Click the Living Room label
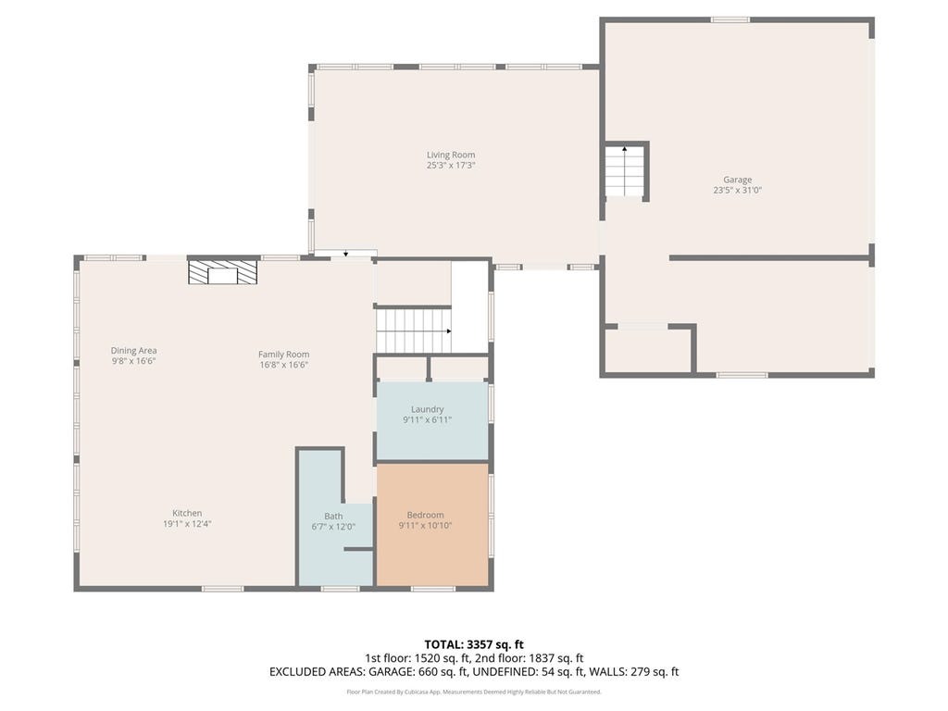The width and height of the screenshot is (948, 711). [x=451, y=155]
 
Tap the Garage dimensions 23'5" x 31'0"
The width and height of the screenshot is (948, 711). [x=737, y=190]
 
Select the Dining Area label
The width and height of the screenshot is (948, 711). [x=133, y=351]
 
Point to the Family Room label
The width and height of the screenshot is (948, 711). [x=283, y=355]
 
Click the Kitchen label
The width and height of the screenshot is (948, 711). [x=187, y=513]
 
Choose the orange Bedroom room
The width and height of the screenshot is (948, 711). [x=432, y=524]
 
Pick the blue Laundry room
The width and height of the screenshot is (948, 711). [x=432, y=420]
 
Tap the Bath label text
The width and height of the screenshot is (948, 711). [x=333, y=517]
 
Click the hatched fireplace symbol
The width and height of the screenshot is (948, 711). [x=222, y=272]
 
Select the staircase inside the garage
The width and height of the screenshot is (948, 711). [x=625, y=171]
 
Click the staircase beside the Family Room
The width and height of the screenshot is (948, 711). [x=414, y=331]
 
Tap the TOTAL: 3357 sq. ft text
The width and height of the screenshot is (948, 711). [x=474, y=644]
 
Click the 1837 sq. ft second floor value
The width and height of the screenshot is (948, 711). [x=556, y=658]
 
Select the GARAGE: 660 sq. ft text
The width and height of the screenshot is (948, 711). [x=418, y=672]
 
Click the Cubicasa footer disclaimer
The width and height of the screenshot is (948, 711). [x=474, y=692]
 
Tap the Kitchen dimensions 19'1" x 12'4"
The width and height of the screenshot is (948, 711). [x=187, y=524]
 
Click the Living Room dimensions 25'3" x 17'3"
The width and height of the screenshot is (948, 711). [x=451, y=165]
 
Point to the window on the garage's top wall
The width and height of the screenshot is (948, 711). [x=730, y=20]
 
